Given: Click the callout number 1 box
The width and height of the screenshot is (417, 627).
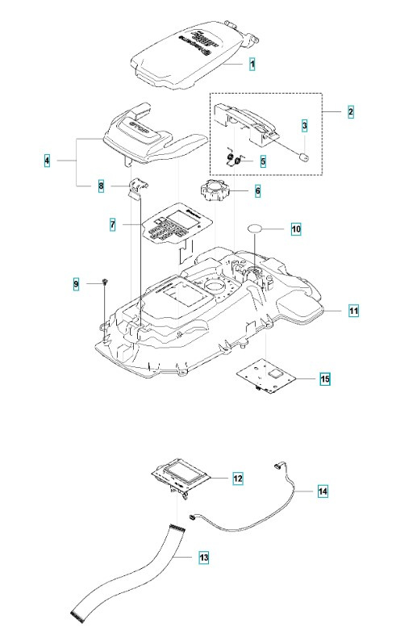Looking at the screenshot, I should coord(252,62).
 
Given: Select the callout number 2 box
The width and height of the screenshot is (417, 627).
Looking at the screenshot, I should coord(351,111).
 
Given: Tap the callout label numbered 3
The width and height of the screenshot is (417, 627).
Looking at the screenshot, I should coord(304,126).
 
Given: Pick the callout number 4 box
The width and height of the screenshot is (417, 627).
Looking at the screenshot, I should coord(47,161).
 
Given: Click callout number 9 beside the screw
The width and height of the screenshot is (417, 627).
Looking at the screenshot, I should coord(77,284).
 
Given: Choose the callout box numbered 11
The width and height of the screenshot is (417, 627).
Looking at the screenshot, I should coord(354,310).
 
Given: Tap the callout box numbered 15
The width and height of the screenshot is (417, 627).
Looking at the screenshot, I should coord(324,378).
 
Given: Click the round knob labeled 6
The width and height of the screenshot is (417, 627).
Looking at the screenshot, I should coord(211,195).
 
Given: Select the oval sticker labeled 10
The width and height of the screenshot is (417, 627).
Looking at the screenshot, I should coord(261,229).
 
